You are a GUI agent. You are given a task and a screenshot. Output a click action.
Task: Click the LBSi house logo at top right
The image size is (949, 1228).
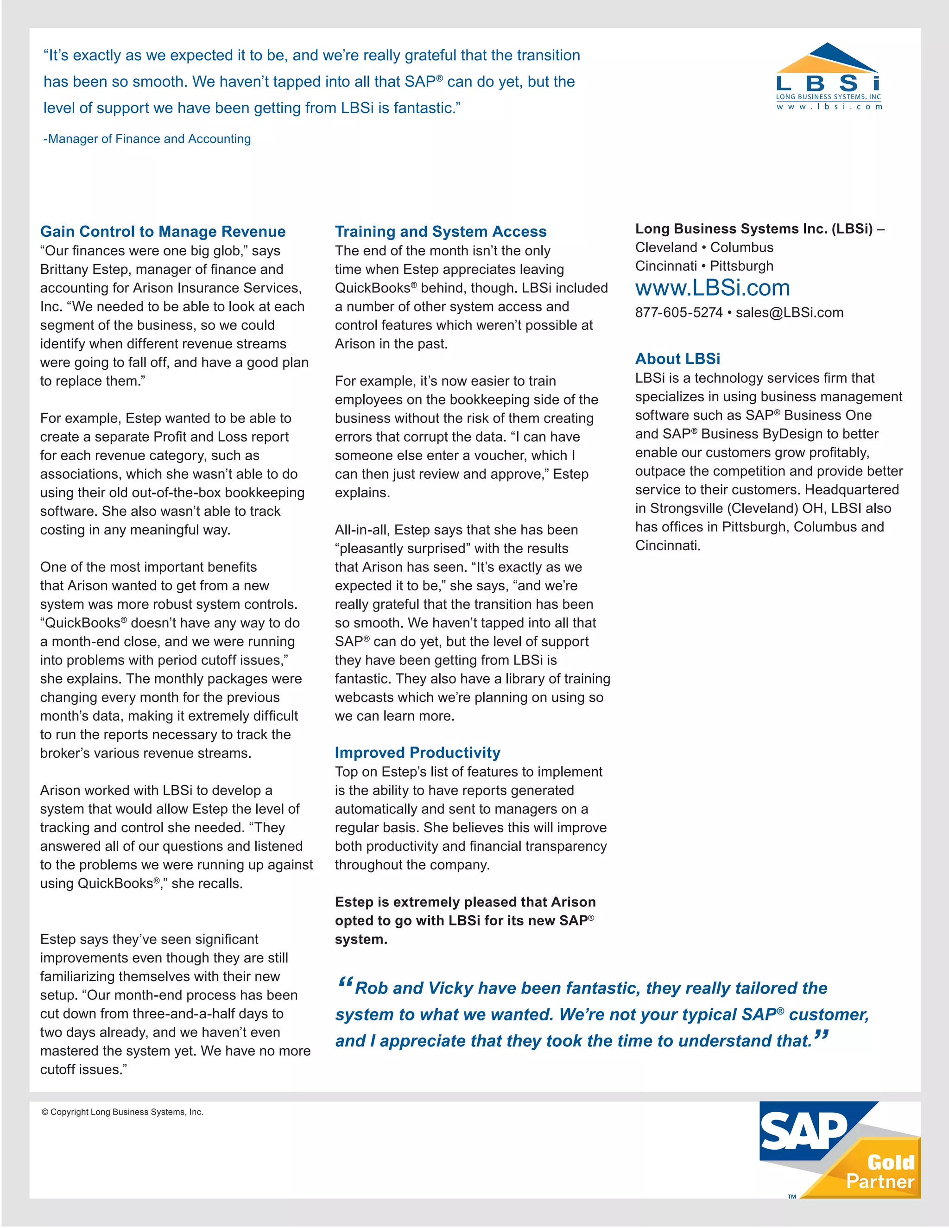[828, 76]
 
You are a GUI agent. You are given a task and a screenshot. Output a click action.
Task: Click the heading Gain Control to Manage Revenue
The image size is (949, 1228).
[163, 232]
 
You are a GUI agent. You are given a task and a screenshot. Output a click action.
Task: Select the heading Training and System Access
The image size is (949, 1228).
[440, 232]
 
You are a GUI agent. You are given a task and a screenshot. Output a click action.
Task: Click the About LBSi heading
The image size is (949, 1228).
[677, 359]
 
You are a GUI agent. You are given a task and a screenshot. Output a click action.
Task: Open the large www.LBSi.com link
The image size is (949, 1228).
[712, 288]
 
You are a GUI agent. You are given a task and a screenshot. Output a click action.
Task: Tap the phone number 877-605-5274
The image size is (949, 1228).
[678, 313]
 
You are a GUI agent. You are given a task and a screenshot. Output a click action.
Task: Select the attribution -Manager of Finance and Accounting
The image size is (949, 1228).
[147, 139]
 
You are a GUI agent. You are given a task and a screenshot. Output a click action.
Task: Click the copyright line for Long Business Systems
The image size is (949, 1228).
[122, 1112]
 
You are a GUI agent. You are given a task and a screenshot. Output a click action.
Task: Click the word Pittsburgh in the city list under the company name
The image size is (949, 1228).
[741, 266]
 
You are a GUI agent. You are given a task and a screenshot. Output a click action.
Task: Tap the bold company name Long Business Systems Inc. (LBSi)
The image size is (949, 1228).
[753, 229]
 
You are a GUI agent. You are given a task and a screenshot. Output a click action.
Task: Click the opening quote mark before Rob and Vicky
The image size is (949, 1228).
[345, 983]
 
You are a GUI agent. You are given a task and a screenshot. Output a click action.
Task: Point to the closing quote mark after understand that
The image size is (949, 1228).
[821, 1036]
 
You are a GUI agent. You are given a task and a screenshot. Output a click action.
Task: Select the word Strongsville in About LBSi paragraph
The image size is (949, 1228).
[686, 508]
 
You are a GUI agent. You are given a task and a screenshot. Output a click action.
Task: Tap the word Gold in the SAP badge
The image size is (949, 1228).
[891, 1162]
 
